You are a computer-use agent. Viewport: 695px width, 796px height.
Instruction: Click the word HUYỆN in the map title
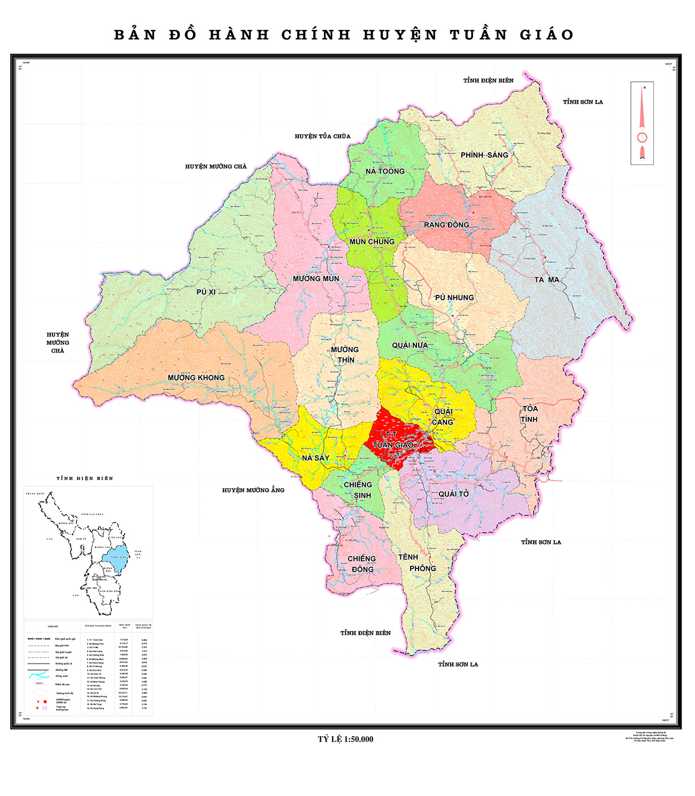tap(400, 35)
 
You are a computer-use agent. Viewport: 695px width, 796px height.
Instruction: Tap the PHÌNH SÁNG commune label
tap(484, 155)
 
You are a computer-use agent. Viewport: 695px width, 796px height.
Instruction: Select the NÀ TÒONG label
tap(385, 171)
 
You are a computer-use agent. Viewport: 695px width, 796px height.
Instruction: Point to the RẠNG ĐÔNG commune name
tap(446, 225)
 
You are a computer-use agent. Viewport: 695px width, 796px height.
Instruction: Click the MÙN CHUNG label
tap(372, 242)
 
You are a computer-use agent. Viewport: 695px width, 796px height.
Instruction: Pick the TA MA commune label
tap(546, 280)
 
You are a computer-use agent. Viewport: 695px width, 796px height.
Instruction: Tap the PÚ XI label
tap(206, 292)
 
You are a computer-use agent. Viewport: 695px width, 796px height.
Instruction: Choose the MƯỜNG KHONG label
tap(196, 378)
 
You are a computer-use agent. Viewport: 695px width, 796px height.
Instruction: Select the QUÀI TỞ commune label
tap(453, 494)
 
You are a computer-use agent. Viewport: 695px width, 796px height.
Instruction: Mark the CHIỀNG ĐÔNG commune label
tap(362, 564)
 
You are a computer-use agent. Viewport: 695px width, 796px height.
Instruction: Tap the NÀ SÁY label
tap(315, 458)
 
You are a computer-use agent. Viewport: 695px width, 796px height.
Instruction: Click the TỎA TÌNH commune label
tap(530, 414)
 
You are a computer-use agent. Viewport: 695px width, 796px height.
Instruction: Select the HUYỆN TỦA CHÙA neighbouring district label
tap(322, 136)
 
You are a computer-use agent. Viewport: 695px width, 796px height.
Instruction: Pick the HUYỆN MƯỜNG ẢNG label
tap(253, 490)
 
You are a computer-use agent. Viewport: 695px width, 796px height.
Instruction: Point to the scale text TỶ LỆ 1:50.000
tap(345, 739)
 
